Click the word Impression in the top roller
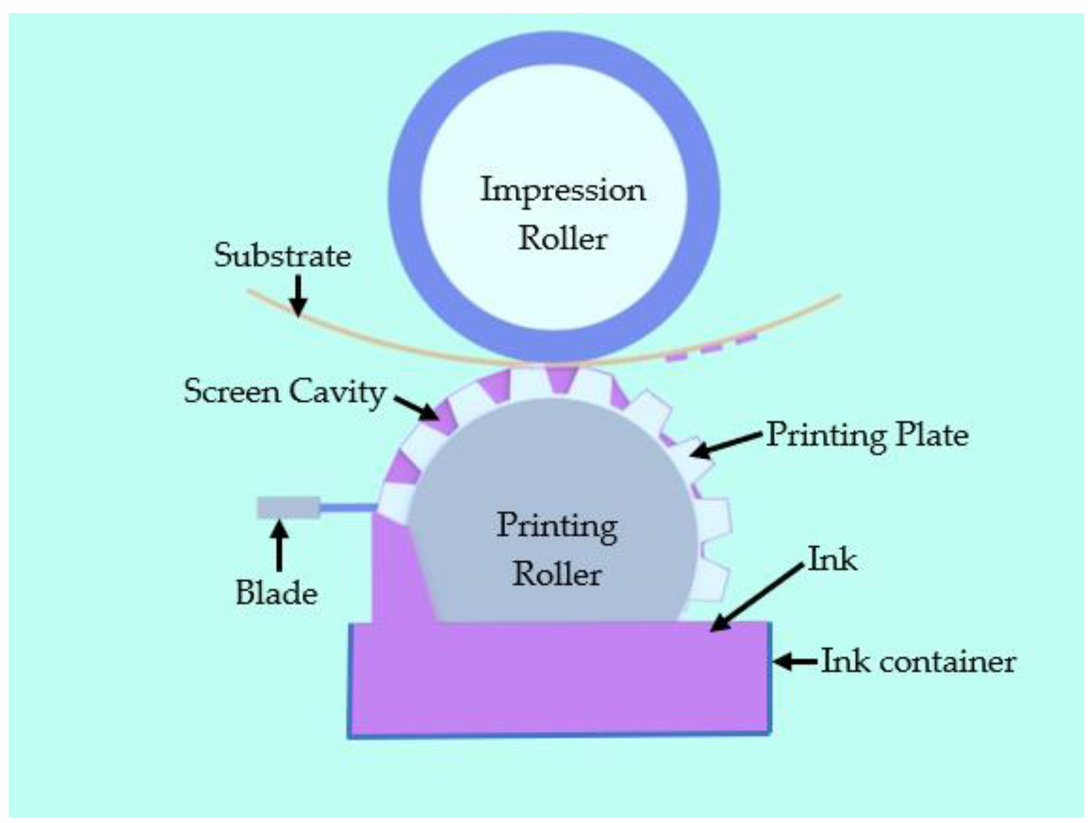pos(563,191)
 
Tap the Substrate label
pos(282,256)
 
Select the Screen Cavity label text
pos(285,392)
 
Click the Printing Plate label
pos(867,434)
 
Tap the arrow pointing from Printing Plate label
pos(726,444)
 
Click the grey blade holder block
pos(288,508)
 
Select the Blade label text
pos(277,593)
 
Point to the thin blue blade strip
pos(348,508)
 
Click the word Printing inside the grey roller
pos(557,526)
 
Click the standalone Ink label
pos(832,560)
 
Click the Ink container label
pos(918,661)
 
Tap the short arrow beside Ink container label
pos(795,661)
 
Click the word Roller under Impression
pos(563,239)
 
